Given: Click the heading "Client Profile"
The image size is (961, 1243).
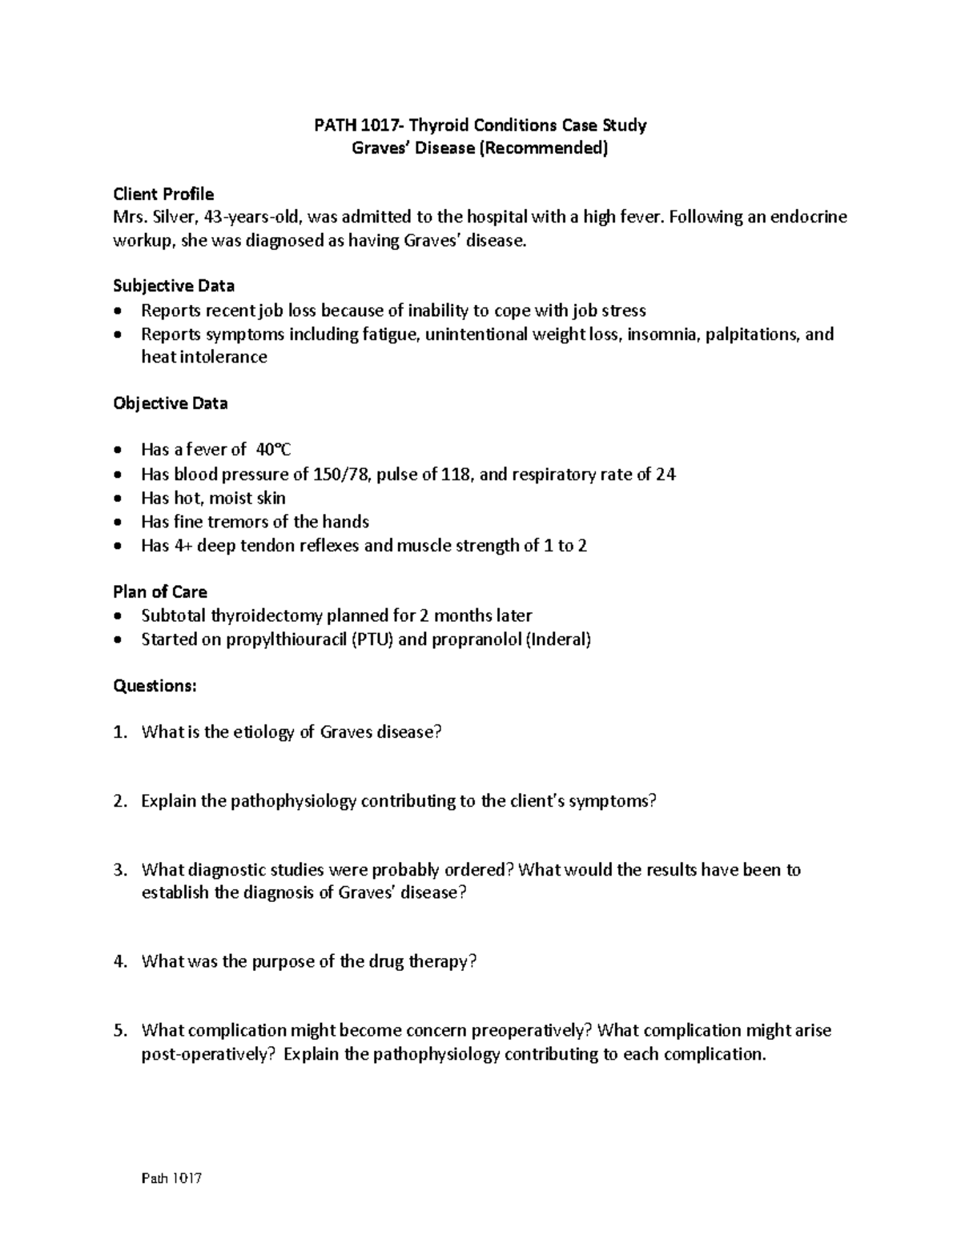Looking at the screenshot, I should tap(163, 194).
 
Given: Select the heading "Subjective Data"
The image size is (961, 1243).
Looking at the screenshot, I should tap(174, 286).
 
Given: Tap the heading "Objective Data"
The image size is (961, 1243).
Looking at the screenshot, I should tap(170, 403).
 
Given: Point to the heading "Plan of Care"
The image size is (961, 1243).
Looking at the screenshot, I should tap(160, 592).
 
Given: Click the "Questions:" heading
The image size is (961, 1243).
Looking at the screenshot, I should tap(155, 686).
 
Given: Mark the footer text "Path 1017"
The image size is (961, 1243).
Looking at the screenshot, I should tap(171, 1179).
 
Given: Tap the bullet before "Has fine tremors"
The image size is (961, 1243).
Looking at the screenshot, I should tap(119, 523).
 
